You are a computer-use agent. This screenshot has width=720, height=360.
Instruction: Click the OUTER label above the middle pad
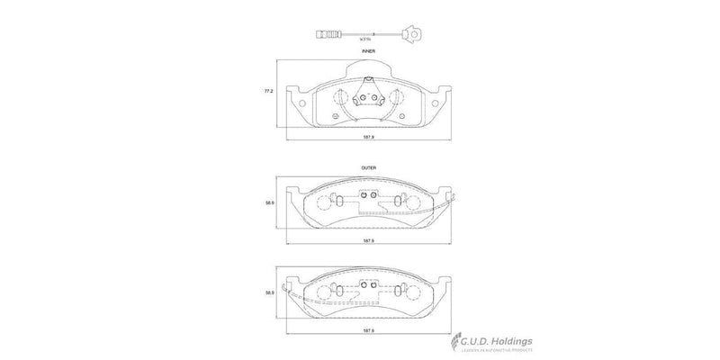point(368,168)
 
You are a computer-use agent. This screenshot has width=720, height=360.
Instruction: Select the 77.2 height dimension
point(267,93)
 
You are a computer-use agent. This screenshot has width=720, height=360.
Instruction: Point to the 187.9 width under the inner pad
point(368,139)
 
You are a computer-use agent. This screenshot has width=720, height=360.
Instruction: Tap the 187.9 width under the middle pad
point(368,240)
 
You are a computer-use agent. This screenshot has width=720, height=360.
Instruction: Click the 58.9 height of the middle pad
point(269,203)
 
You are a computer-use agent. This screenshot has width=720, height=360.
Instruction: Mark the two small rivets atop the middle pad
point(368,195)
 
